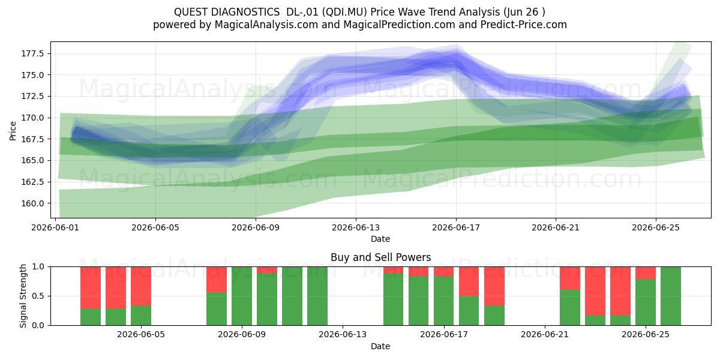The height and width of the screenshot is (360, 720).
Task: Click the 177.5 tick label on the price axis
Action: (x=33, y=53)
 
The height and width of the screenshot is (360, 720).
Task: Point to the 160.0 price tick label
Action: (x=33, y=203)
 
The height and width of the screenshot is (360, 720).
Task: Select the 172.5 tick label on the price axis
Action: (x=33, y=96)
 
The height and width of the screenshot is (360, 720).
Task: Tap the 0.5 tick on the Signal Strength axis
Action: (x=38, y=296)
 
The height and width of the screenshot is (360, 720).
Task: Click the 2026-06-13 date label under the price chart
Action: (x=356, y=227)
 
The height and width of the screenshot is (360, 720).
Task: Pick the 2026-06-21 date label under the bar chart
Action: (x=545, y=334)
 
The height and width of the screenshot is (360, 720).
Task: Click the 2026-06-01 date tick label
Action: (x=55, y=227)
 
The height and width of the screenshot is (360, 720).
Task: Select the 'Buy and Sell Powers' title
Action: (x=380, y=257)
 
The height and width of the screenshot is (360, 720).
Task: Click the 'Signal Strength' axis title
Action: (x=23, y=296)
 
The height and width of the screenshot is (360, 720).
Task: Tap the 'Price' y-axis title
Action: (x=13, y=131)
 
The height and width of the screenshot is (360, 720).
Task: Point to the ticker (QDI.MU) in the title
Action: (x=344, y=12)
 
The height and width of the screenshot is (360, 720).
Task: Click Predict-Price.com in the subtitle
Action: (x=524, y=25)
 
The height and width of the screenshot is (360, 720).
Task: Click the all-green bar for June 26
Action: (x=671, y=296)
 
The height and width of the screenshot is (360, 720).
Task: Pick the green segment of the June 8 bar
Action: (x=217, y=308)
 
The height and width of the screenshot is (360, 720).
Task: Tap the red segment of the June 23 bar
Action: (x=595, y=291)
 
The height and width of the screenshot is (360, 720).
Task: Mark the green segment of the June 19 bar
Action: (x=494, y=316)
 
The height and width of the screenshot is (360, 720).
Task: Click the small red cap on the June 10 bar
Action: (x=267, y=270)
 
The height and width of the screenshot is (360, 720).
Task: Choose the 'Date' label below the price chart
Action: (x=380, y=239)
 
